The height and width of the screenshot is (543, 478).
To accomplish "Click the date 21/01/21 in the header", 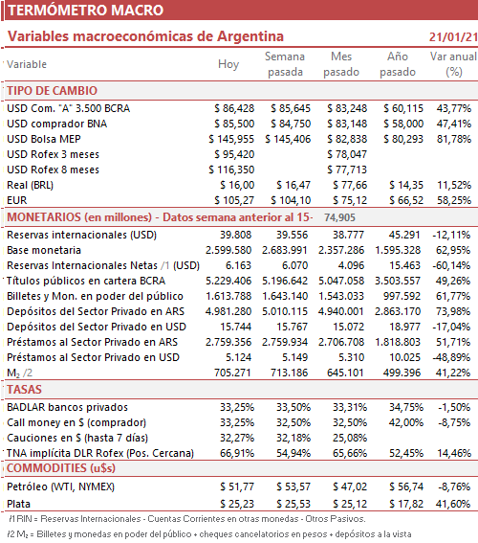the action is click(453, 37).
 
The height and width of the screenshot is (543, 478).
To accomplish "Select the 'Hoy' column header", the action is click(228, 64).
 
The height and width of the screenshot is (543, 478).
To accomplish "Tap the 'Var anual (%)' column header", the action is click(453, 64).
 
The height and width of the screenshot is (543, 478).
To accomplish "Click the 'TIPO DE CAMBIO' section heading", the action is click(53, 91).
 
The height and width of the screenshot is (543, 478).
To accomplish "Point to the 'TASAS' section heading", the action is click(24, 390).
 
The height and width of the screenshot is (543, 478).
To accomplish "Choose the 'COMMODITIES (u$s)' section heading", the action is click(61, 468).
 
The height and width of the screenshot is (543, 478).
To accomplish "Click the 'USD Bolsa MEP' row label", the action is click(44, 139).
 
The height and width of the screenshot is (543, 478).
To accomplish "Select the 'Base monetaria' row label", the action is click(44, 250).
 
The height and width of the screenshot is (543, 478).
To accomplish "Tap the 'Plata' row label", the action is click(19, 504).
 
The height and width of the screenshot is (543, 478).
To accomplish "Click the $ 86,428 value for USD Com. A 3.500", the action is click(234, 109).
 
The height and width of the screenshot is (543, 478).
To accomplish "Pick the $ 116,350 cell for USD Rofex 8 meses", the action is click(231, 170).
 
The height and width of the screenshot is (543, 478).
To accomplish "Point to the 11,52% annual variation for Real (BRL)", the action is click(454, 185).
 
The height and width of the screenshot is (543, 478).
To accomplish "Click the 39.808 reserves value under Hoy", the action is click(236, 236).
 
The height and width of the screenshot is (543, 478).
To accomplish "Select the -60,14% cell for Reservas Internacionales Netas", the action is click(451, 265).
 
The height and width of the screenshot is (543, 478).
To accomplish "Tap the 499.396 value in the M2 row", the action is click(402, 373).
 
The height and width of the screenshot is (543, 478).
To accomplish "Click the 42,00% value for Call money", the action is click(406, 423).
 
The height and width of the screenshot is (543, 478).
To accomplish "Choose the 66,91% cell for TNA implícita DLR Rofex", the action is click(237, 453).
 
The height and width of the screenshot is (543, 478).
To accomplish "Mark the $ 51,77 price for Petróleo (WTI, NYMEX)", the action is click(237, 486).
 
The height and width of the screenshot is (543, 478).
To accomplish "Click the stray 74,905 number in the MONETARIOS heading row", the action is click(339, 217).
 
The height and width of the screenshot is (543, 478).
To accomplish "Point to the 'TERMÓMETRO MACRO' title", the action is click(86, 10).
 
